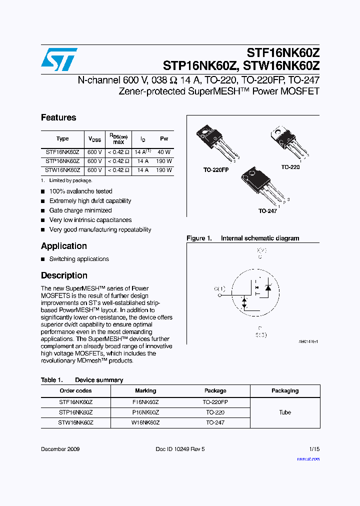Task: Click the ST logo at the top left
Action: coord(59,60)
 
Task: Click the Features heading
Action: coord(58,117)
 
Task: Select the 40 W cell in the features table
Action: coord(164,151)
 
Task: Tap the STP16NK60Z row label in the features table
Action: coord(62,161)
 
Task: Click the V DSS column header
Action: coord(94,139)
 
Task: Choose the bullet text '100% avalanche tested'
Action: coord(80,191)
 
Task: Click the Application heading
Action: coord(64,246)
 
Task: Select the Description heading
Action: coord(64,275)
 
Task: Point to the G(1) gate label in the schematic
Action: coord(219,289)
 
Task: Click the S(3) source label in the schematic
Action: coord(260,334)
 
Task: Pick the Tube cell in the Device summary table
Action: coord(285,412)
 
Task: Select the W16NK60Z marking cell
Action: coord(145,422)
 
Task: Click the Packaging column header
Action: coord(285,390)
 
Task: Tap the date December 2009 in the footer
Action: coord(60,449)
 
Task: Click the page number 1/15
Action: coord(314,449)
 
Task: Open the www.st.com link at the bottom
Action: coord(308,459)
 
